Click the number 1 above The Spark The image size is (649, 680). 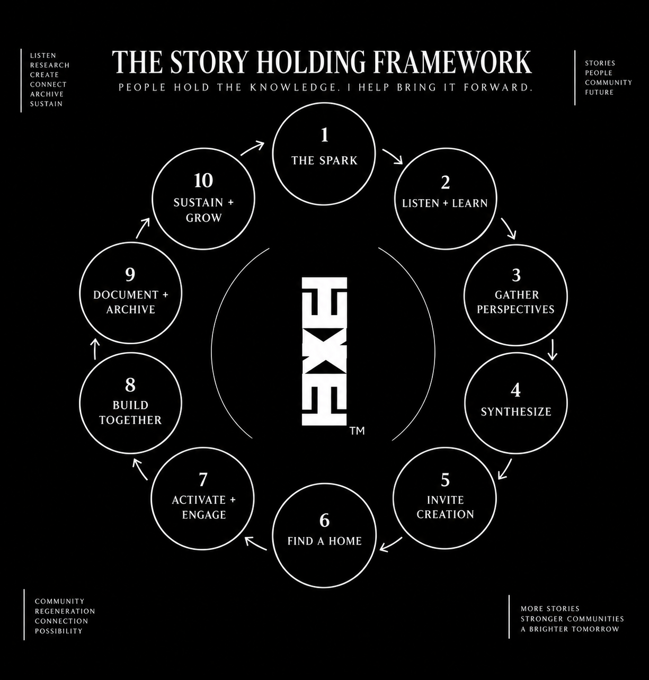click(324, 135)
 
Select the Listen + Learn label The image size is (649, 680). click(445, 203)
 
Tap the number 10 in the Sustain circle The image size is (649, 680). click(203, 181)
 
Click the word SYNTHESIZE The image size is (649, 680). click(515, 411)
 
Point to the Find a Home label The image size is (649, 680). click(324, 541)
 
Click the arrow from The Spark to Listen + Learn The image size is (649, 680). click(393, 156)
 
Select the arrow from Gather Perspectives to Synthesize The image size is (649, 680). click(552, 350)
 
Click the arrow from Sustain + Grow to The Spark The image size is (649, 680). click(252, 148)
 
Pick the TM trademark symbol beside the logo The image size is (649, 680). click(357, 431)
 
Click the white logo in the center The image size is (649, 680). click(324, 351)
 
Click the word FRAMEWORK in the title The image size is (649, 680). click(453, 62)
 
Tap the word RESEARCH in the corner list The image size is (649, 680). click(50, 65)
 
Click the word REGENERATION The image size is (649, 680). click(65, 611)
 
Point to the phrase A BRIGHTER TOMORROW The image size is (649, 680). click(570, 629)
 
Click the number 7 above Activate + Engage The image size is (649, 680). click(203, 479)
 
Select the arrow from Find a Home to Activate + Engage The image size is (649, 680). click(256, 543)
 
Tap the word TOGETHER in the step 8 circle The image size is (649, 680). click(130, 420)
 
